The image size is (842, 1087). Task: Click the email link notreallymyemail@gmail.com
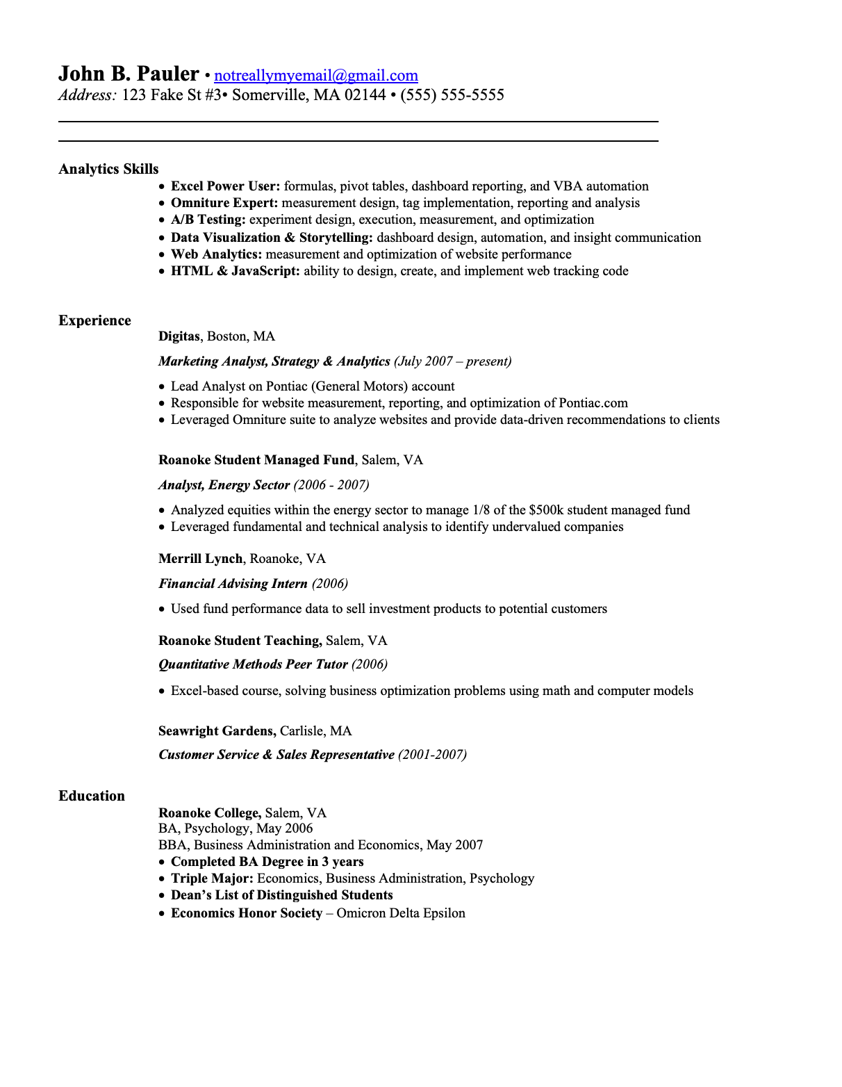coord(316,76)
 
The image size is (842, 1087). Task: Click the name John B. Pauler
coord(129,74)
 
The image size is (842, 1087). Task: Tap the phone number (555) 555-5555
coord(452,95)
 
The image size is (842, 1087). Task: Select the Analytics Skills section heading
coord(108,169)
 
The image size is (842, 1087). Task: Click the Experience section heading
coord(94,320)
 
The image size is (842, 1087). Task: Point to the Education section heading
coord(92,796)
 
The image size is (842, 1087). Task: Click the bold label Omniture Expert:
coord(224,203)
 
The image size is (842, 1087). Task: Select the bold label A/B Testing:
coord(208,220)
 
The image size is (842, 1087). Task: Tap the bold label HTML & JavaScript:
coord(236,271)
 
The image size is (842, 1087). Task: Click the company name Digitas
coord(179,336)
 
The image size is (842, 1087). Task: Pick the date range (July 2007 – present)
coord(453,361)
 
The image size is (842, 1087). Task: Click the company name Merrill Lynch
coord(201,559)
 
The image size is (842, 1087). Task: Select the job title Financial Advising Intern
coord(233,584)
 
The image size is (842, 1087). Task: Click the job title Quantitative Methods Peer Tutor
coord(253,664)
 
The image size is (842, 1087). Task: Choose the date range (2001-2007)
coord(432,755)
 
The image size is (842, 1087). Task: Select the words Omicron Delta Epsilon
coord(401,913)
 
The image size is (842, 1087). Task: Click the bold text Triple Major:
coord(212,878)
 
